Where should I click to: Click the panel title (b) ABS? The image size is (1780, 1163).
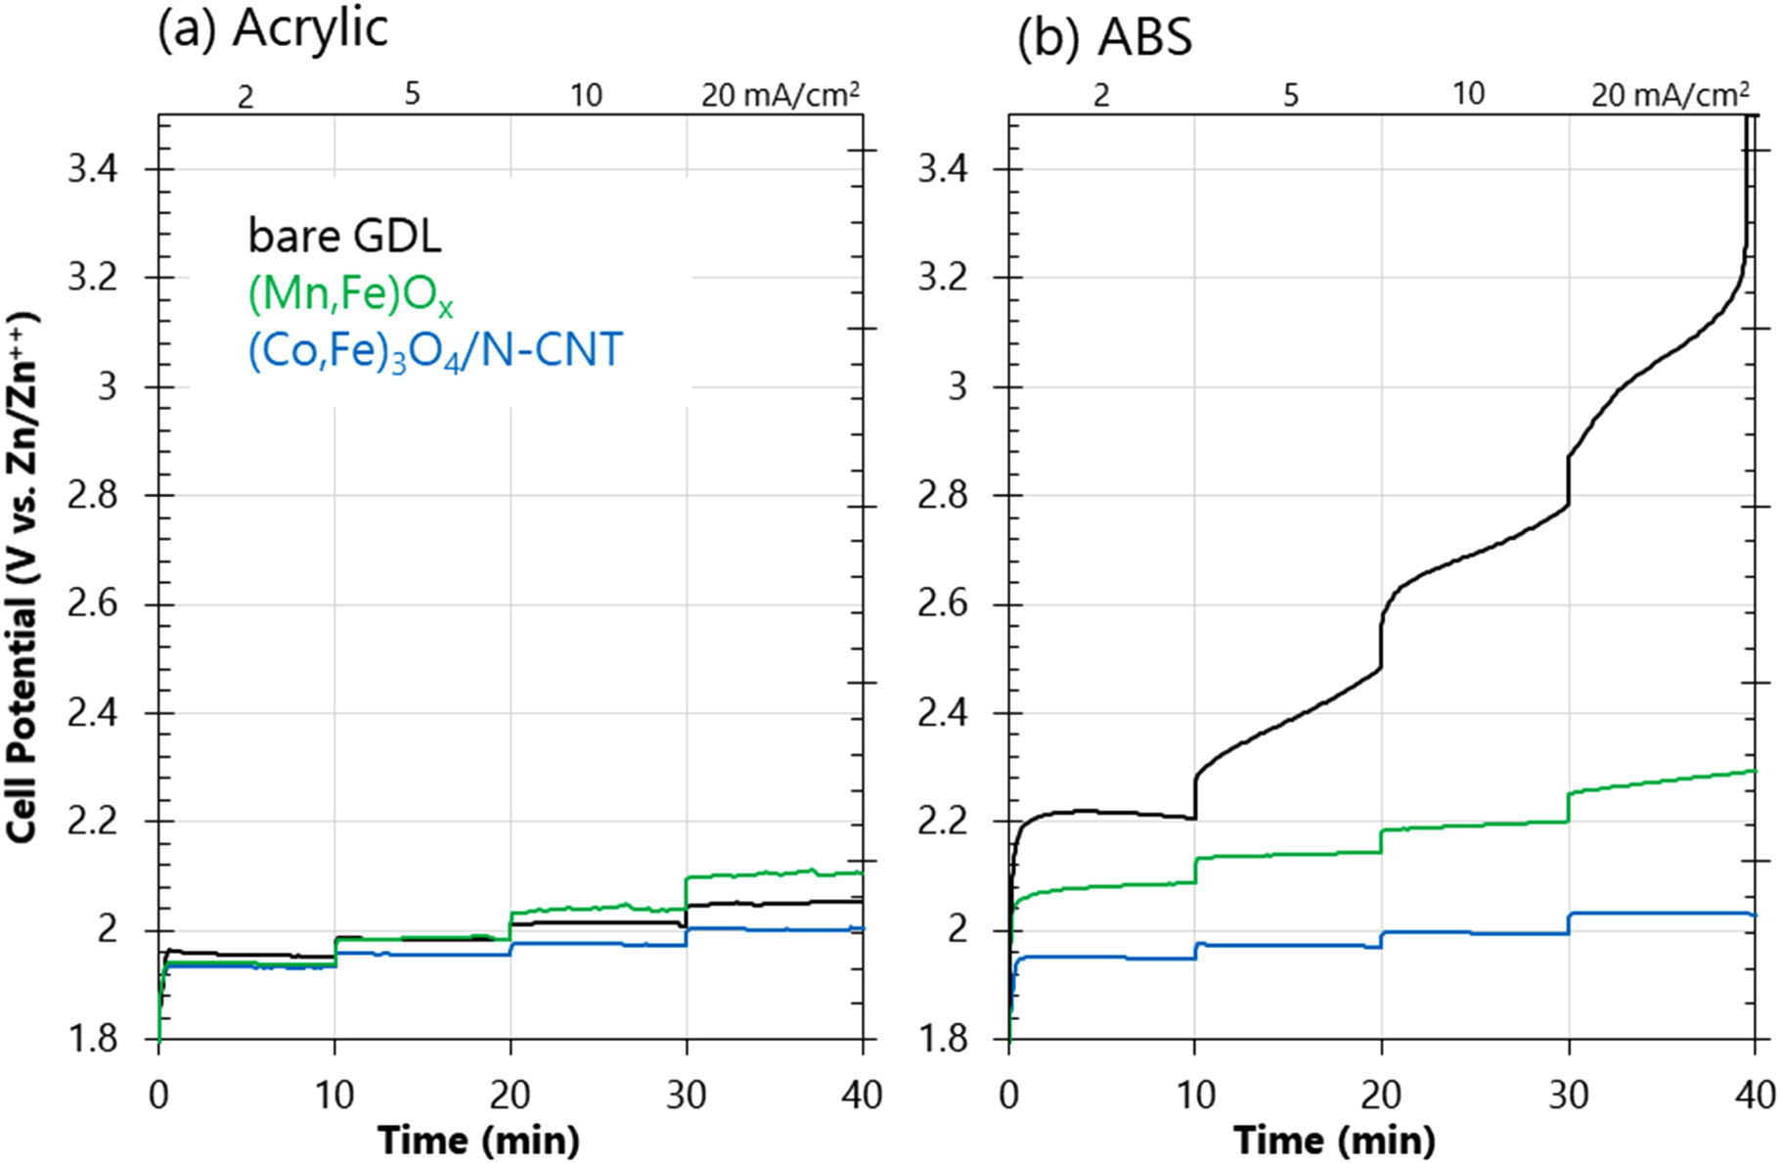click(x=1104, y=38)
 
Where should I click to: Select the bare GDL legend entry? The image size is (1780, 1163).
click(x=344, y=236)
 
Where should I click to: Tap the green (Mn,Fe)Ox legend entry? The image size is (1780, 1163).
click(x=349, y=294)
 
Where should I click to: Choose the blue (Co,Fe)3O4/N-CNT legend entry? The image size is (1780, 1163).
click(x=434, y=351)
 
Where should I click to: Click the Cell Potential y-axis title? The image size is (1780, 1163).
click(x=22, y=577)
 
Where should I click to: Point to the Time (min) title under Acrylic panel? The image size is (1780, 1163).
click(x=479, y=1140)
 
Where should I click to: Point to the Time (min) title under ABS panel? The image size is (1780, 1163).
click(x=1334, y=1140)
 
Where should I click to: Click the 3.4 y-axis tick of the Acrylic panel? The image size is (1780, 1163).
click(x=92, y=170)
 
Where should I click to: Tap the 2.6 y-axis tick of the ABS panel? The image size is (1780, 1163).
click(x=943, y=604)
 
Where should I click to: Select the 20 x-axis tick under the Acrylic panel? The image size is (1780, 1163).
click(x=510, y=1095)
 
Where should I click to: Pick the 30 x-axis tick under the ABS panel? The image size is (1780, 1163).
click(x=1569, y=1095)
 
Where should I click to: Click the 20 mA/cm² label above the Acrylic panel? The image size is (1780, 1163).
click(x=780, y=95)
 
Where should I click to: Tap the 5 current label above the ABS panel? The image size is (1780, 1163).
click(x=1291, y=95)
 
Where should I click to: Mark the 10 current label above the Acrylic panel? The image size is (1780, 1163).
click(x=586, y=95)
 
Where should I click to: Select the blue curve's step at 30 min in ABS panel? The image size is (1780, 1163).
click(x=1569, y=923)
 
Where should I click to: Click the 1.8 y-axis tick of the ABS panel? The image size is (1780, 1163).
click(x=943, y=1038)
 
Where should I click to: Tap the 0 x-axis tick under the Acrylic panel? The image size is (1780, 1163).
click(x=158, y=1095)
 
